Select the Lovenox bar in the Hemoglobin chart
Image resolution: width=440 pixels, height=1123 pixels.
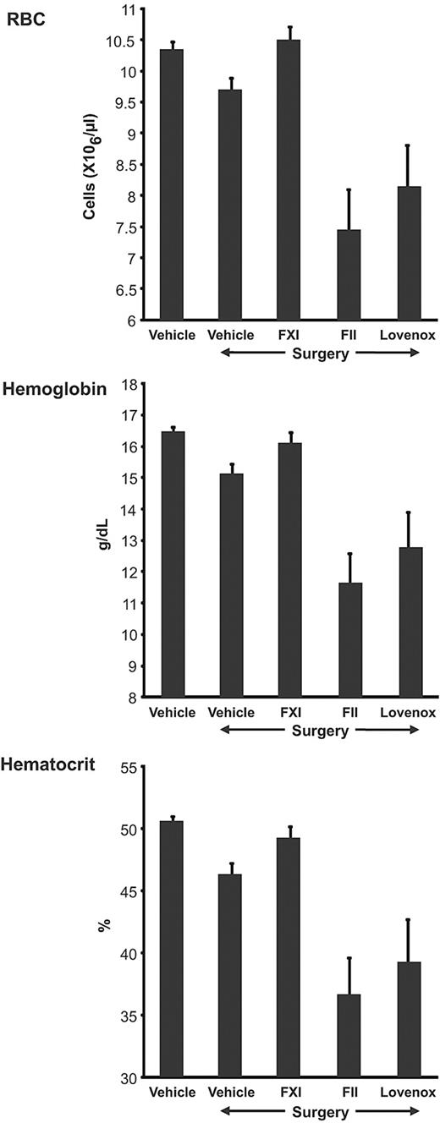[x=410, y=622]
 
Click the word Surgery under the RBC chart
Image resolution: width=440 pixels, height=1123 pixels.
[x=320, y=353]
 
